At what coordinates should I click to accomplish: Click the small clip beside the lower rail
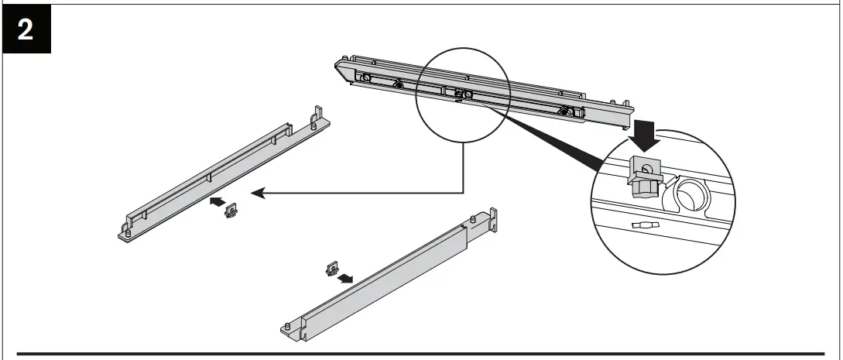click(331, 269)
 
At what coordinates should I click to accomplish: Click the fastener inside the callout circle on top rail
click(462, 94)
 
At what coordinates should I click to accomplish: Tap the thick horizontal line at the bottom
click(421, 355)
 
